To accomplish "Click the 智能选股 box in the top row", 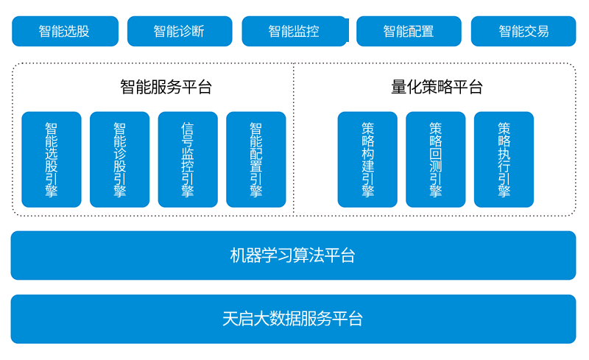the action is click(x=65, y=31).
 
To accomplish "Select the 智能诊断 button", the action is click(x=180, y=31).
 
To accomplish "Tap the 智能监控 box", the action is click(x=295, y=31).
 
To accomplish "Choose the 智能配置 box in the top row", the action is click(x=409, y=31).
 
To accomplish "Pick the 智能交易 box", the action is click(x=523, y=31).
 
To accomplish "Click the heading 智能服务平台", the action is click(x=166, y=87).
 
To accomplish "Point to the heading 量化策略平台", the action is click(x=437, y=87).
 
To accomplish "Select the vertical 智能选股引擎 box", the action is click(x=52, y=159).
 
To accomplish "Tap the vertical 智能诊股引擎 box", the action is click(x=119, y=159).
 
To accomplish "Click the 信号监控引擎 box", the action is click(x=188, y=159).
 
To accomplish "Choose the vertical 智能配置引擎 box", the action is click(x=255, y=159).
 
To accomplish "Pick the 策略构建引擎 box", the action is click(x=367, y=159).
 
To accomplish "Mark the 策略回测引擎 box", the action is click(x=436, y=159).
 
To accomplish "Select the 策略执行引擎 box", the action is click(x=504, y=159).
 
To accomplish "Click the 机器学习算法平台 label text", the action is click(x=292, y=255).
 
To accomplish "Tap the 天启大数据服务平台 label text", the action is click(x=292, y=319).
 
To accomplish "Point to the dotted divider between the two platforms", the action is click(x=293, y=139).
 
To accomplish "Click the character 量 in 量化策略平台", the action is click(x=398, y=87).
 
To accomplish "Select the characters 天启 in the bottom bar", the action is click(x=238, y=319).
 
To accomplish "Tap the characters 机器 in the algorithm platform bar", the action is click(x=245, y=255).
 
